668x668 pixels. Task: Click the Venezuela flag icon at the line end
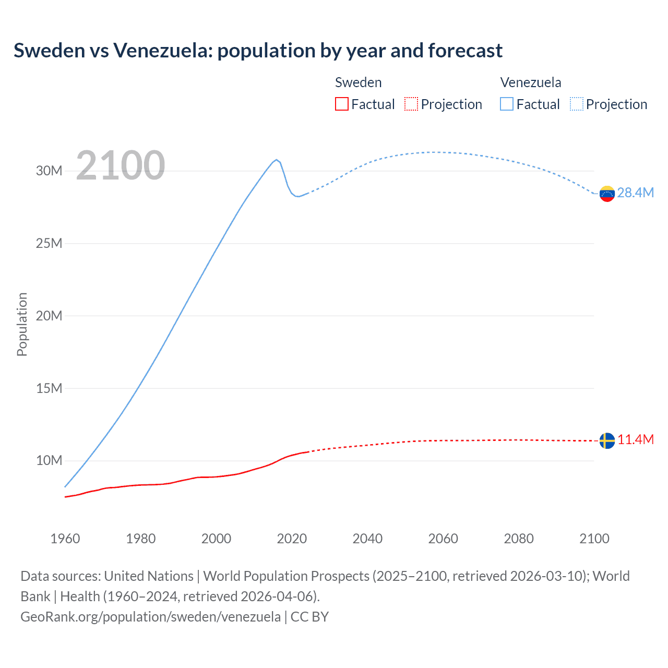click(x=607, y=194)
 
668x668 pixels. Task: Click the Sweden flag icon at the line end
click(x=607, y=440)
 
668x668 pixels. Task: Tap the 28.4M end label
click(x=635, y=193)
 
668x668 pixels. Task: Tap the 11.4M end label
click(x=635, y=439)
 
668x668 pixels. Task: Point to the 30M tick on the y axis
click(x=49, y=171)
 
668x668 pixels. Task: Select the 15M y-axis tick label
click(x=49, y=388)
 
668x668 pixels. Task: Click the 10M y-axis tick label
click(x=49, y=460)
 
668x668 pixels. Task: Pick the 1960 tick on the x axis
click(x=65, y=539)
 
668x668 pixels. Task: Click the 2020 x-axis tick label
click(x=292, y=539)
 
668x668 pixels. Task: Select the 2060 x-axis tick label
click(x=443, y=539)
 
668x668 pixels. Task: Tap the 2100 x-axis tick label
click(x=594, y=539)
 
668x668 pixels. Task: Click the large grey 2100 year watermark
click(x=121, y=165)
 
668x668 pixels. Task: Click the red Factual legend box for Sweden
click(x=341, y=104)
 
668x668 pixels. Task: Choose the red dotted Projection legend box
click(x=411, y=104)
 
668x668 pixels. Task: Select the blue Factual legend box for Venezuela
click(x=506, y=104)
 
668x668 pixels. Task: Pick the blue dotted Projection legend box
click(x=576, y=104)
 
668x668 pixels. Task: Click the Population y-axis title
click(x=22, y=324)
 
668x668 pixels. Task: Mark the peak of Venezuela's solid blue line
click(x=276, y=160)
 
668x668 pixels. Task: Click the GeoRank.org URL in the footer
click(x=150, y=617)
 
